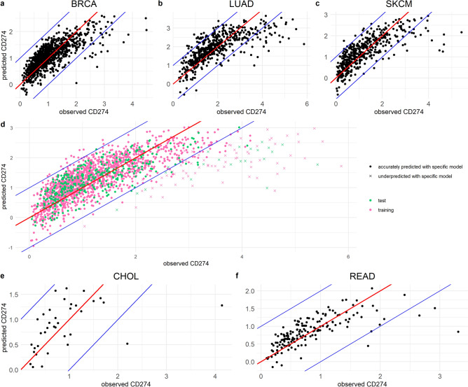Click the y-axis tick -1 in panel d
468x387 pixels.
(x=22, y=248)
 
